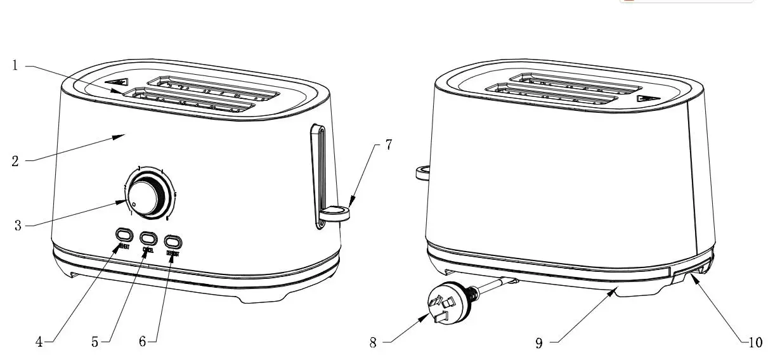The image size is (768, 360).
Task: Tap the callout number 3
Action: (19, 225)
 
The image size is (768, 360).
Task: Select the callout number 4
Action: (39, 342)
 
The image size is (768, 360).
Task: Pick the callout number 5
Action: (94, 342)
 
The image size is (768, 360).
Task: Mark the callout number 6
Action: (143, 342)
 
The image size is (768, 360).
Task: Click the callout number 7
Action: (387, 145)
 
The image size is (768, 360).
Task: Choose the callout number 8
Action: (373, 343)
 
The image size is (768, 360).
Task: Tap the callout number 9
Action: (538, 343)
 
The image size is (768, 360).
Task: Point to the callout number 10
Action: (754, 342)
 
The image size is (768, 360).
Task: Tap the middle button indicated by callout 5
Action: (148, 238)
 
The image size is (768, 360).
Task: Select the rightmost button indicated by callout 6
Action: (172, 241)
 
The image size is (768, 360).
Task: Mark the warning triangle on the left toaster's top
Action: (117, 82)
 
